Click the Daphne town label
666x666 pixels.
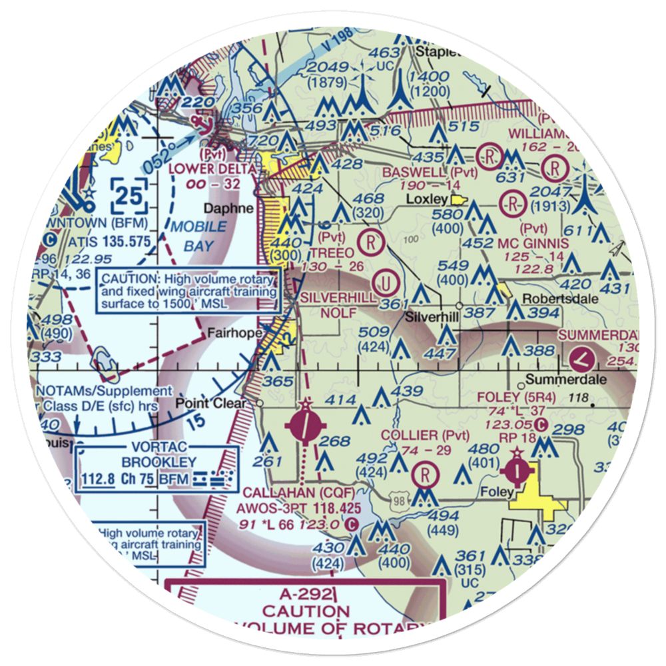[x=228, y=208]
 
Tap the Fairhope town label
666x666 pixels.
[x=230, y=333]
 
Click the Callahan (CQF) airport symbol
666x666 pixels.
[x=305, y=426]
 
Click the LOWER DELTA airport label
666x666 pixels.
[x=211, y=168]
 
